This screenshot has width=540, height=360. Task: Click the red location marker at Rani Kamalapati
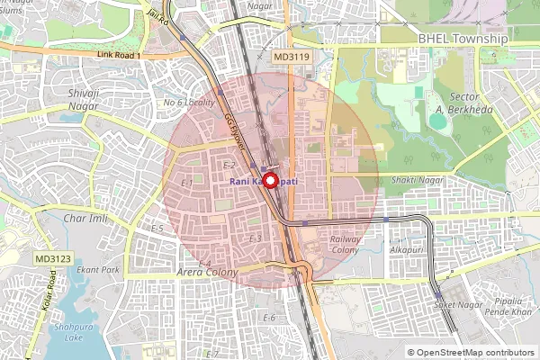click(269, 179)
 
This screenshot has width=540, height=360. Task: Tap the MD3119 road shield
click(292, 56)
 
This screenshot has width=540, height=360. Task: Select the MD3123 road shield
click(53, 258)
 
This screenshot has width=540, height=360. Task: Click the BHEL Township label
click(463, 40)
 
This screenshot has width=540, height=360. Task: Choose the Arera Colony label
click(207, 272)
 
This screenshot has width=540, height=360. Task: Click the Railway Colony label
click(346, 245)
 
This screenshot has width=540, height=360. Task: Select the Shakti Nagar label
click(418, 180)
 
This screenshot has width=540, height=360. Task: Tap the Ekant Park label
click(98, 269)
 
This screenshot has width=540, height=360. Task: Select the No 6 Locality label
click(188, 103)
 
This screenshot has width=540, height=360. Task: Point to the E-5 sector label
click(157, 229)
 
